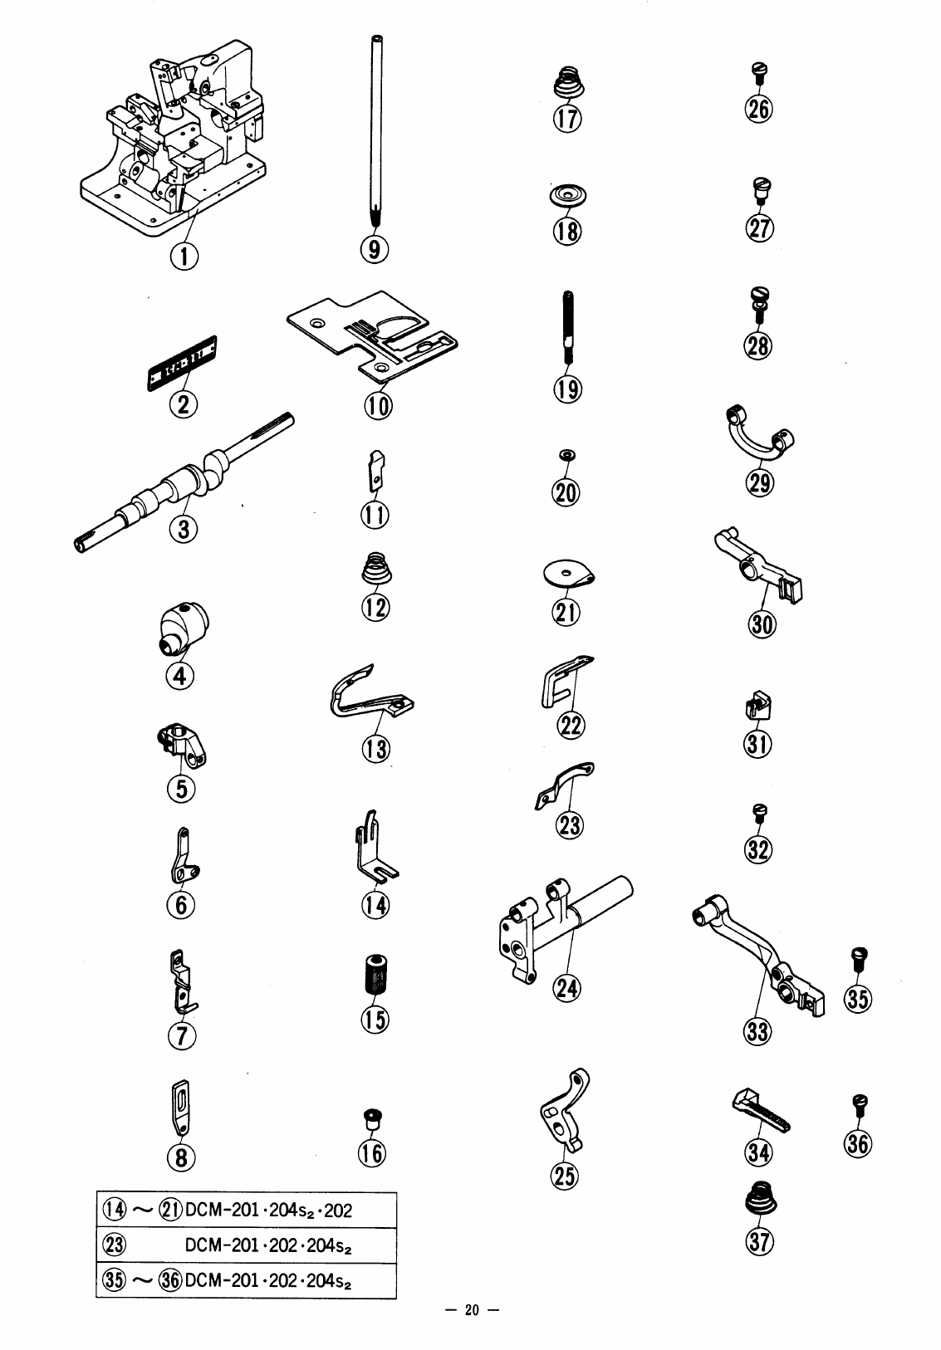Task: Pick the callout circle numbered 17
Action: coord(567,119)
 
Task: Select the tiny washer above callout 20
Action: coord(566,456)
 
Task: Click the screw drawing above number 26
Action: coord(759,72)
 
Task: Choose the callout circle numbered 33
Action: coord(758,1031)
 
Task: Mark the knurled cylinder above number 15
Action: coord(375,974)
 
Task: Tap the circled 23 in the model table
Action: coord(112,1245)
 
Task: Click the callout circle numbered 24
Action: coord(569,988)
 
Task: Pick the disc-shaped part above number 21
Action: coord(569,574)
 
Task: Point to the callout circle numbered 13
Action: coord(375,750)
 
